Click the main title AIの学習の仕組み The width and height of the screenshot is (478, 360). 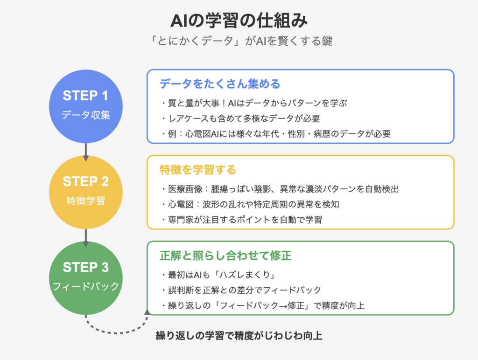pyautogui.click(x=239, y=21)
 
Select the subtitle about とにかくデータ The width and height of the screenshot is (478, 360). pyautogui.click(x=239, y=41)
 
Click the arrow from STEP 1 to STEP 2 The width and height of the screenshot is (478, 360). pyautogui.click(x=86, y=151)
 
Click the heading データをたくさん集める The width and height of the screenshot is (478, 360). pyautogui.click(x=220, y=84)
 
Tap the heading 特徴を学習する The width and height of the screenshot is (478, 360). pyautogui.click(x=198, y=170)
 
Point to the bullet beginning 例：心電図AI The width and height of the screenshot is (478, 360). pyautogui.click(x=275, y=133)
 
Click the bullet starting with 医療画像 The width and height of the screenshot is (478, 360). pyautogui.click(x=279, y=189)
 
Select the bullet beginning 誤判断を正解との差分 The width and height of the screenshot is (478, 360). pyautogui.click(x=241, y=290)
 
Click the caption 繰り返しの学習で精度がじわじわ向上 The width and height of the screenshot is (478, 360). pyautogui.click(x=239, y=336)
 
